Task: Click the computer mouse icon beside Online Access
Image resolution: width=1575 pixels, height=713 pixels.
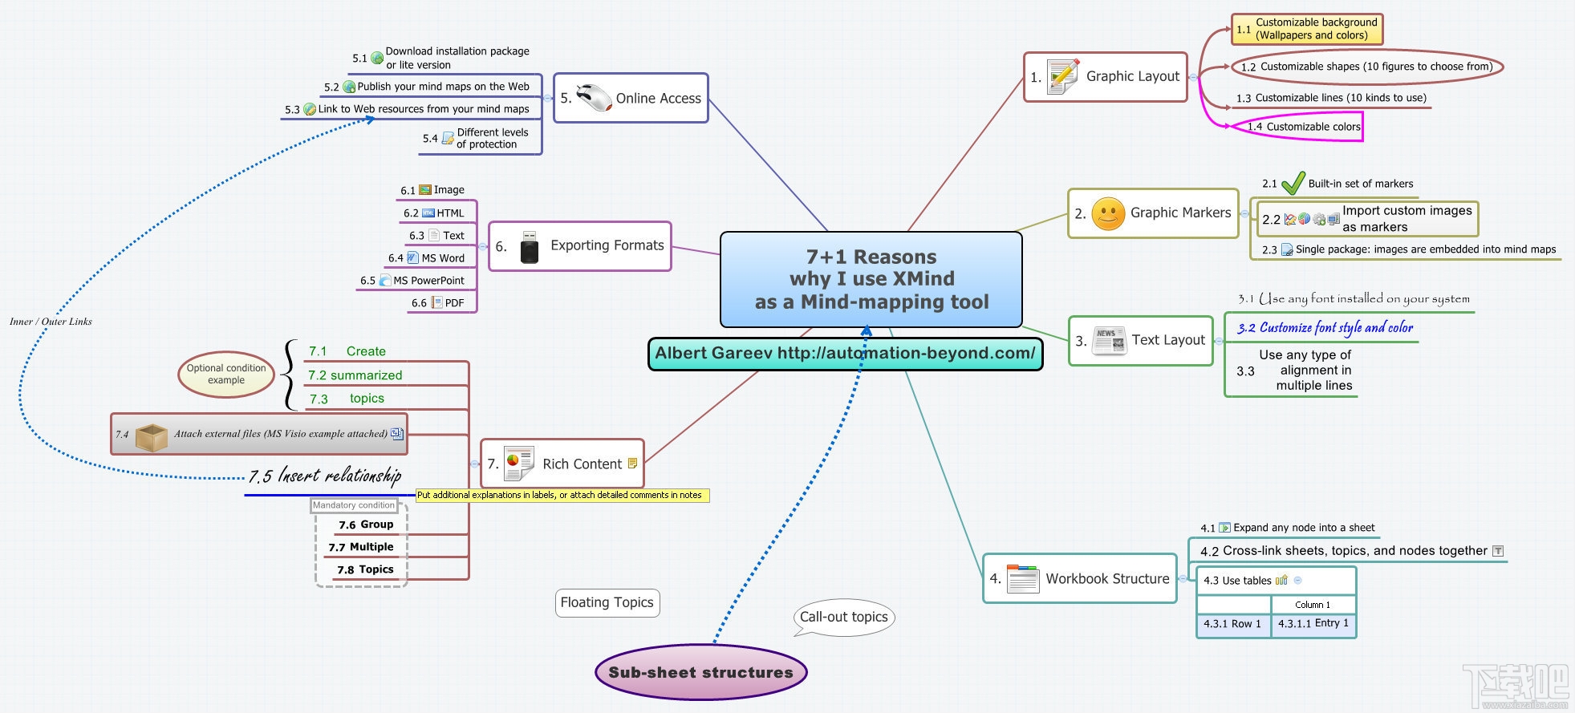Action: pos(594,98)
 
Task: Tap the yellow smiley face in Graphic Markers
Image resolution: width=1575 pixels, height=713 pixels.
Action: pos(1108,214)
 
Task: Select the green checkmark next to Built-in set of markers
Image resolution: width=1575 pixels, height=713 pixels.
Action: pos(1293,184)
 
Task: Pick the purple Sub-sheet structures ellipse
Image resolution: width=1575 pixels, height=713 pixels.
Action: pos(700,672)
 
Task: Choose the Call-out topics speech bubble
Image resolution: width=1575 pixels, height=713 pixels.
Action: pos(843,617)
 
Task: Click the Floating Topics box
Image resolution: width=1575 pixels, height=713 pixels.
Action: pos(607,602)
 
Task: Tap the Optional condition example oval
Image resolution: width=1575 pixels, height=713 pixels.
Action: pos(226,375)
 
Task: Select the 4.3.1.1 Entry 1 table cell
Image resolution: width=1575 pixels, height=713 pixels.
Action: pos(1313,623)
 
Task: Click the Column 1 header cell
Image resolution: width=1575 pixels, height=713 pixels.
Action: pos(1313,605)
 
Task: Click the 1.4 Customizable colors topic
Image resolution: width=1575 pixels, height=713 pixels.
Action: pos(1304,127)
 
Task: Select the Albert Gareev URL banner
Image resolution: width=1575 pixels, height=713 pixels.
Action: pos(845,354)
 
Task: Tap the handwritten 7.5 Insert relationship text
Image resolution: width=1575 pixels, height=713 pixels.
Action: pos(325,476)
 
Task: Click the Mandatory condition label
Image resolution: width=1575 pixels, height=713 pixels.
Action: pos(354,505)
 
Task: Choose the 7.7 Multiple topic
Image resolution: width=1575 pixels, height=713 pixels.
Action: pos(361,547)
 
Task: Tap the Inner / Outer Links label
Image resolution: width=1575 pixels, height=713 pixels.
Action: pos(51,322)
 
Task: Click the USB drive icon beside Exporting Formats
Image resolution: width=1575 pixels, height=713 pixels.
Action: pos(529,246)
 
